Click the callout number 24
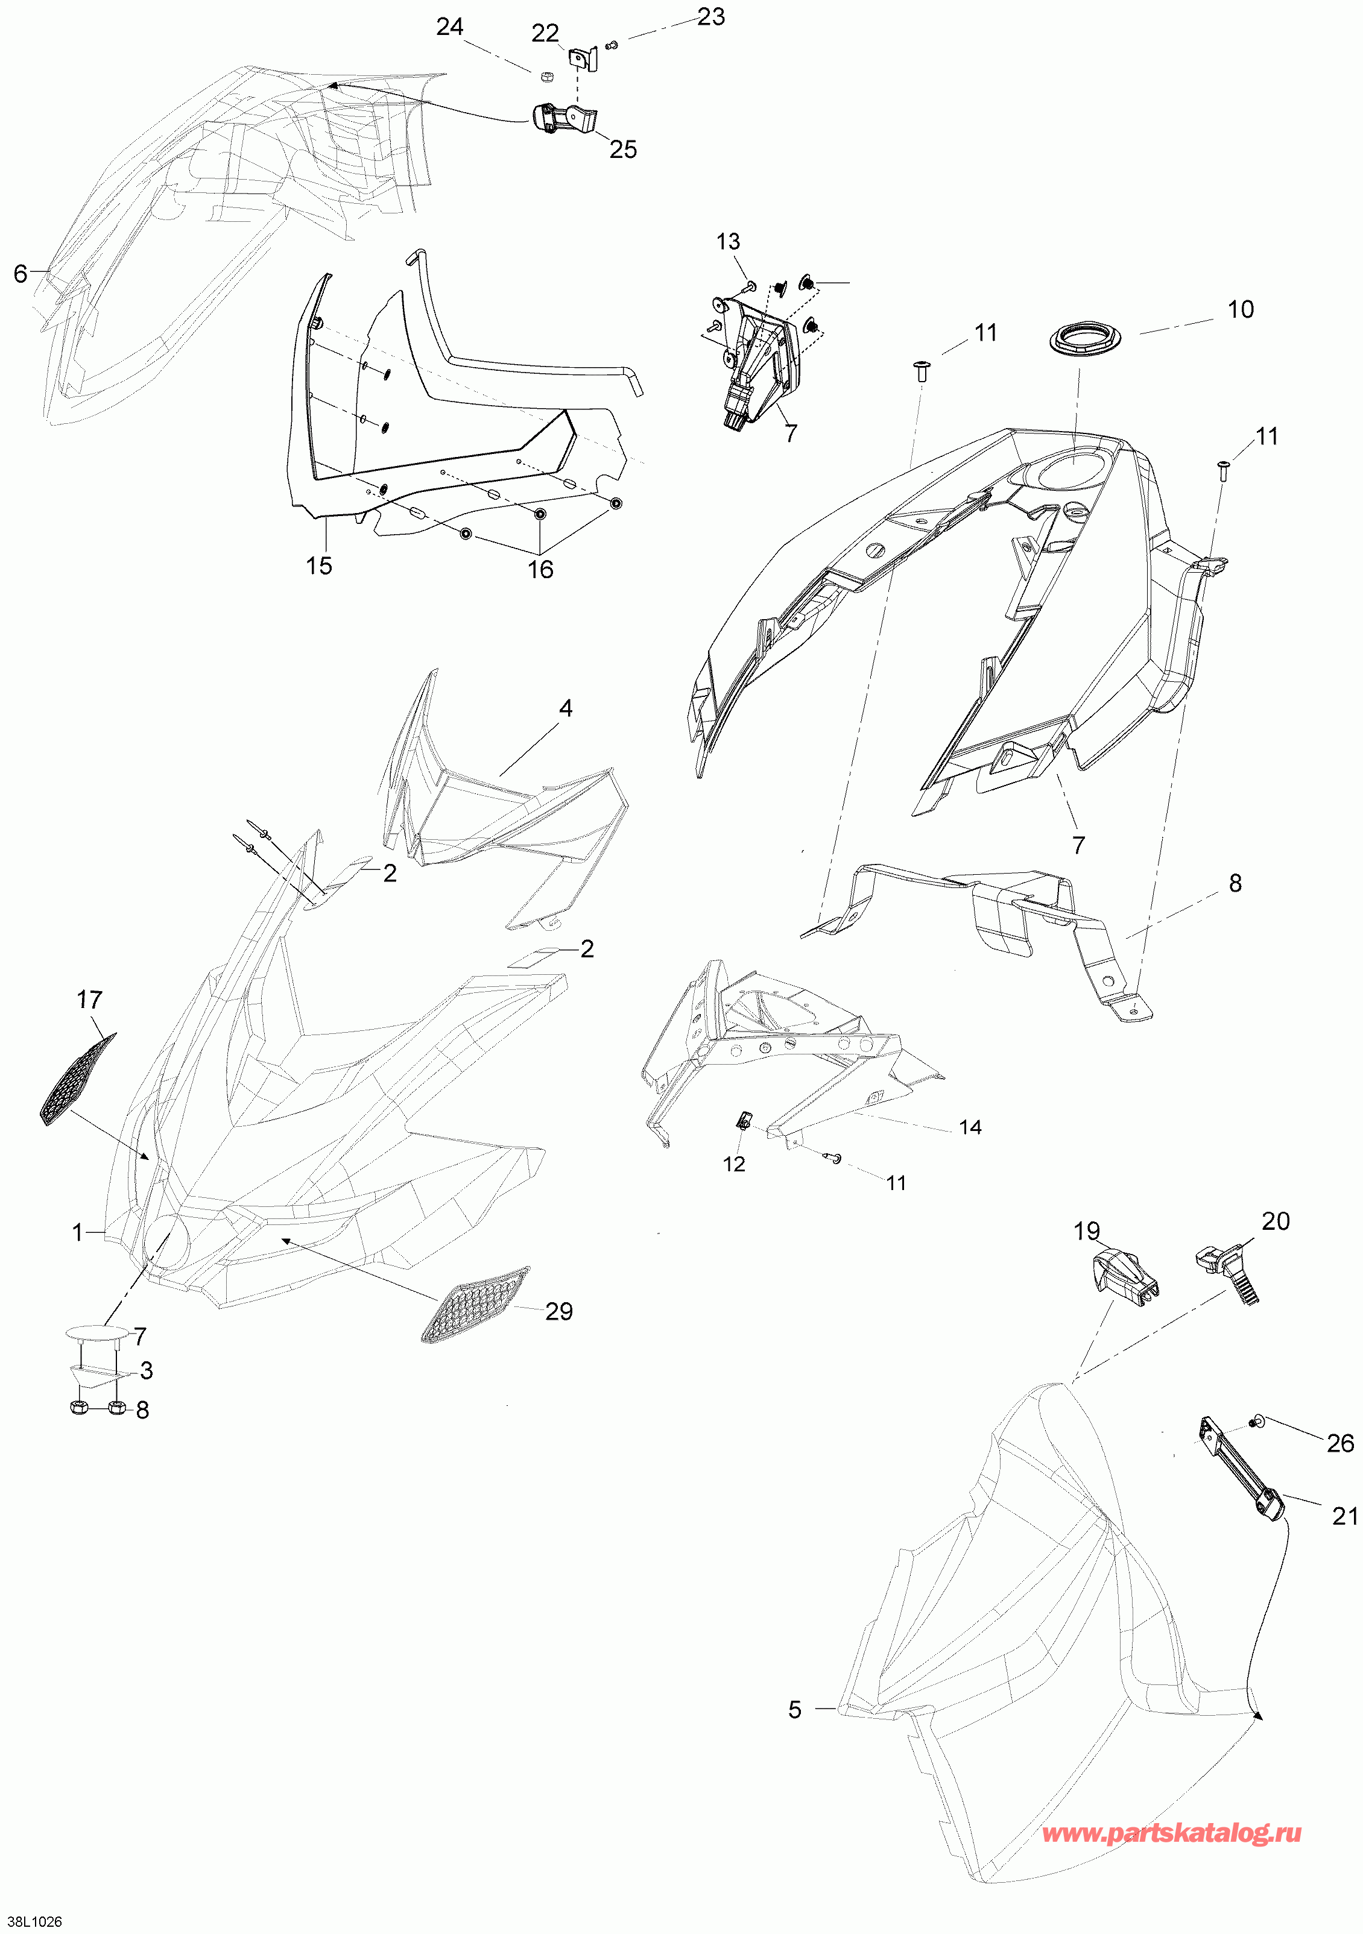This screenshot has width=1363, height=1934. pos(450,28)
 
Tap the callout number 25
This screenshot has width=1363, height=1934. pos(624,150)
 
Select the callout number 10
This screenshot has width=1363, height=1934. pos(1241,310)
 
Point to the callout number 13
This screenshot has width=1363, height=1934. pos(729,242)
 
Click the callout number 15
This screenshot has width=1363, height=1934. pos(319,566)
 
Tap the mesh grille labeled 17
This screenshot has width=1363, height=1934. pos(78,1079)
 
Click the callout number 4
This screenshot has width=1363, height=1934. pos(566,709)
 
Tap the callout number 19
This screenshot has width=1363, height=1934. pos(1087,1232)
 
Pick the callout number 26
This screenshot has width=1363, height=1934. pos(1340,1443)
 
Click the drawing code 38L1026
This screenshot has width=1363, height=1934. pos(31,1921)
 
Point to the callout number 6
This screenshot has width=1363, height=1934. pos(21,274)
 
